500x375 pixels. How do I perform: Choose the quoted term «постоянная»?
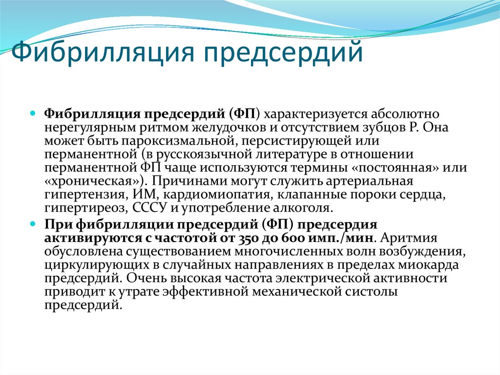tap(397, 168)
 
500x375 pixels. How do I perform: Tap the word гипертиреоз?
tap(83, 208)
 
